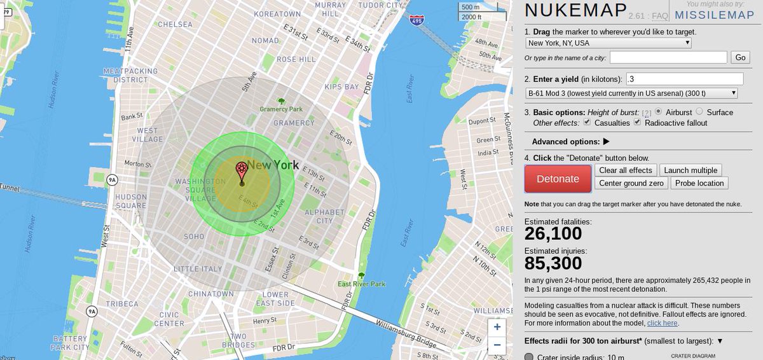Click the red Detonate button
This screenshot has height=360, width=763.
(557, 179)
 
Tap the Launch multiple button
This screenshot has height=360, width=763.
(691, 170)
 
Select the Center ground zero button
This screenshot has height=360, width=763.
(631, 183)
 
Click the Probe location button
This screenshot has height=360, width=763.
(699, 183)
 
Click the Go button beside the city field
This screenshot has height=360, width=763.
(740, 57)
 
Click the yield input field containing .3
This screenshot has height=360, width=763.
(684, 79)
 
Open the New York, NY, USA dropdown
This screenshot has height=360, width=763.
(608, 43)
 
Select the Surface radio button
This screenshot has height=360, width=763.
(699, 112)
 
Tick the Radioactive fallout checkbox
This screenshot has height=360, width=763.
(637, 123)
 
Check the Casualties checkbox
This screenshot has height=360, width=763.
(588, 123)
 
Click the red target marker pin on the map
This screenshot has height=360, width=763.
(242, 170)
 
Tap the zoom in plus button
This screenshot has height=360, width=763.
(497, 327)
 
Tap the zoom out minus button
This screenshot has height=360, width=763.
(497, 346)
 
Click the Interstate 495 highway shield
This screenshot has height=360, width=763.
(416, 22)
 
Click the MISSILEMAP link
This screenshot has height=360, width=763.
(714, 15)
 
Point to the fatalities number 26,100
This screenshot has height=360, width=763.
(553, 233)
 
